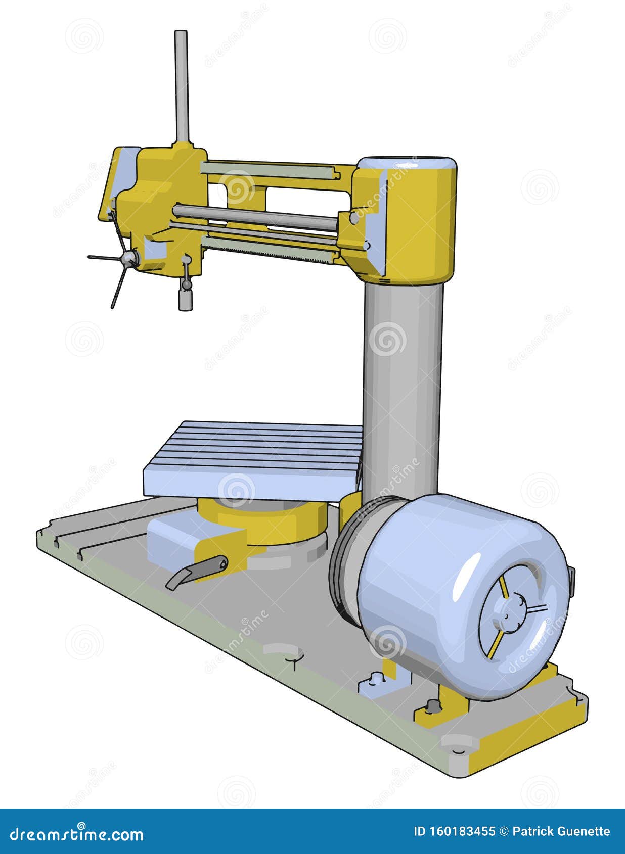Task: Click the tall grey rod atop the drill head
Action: [181, 86]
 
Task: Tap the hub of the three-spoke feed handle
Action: [130, 259]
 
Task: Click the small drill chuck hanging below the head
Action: [186, 301]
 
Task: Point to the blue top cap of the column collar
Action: [407, 164]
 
